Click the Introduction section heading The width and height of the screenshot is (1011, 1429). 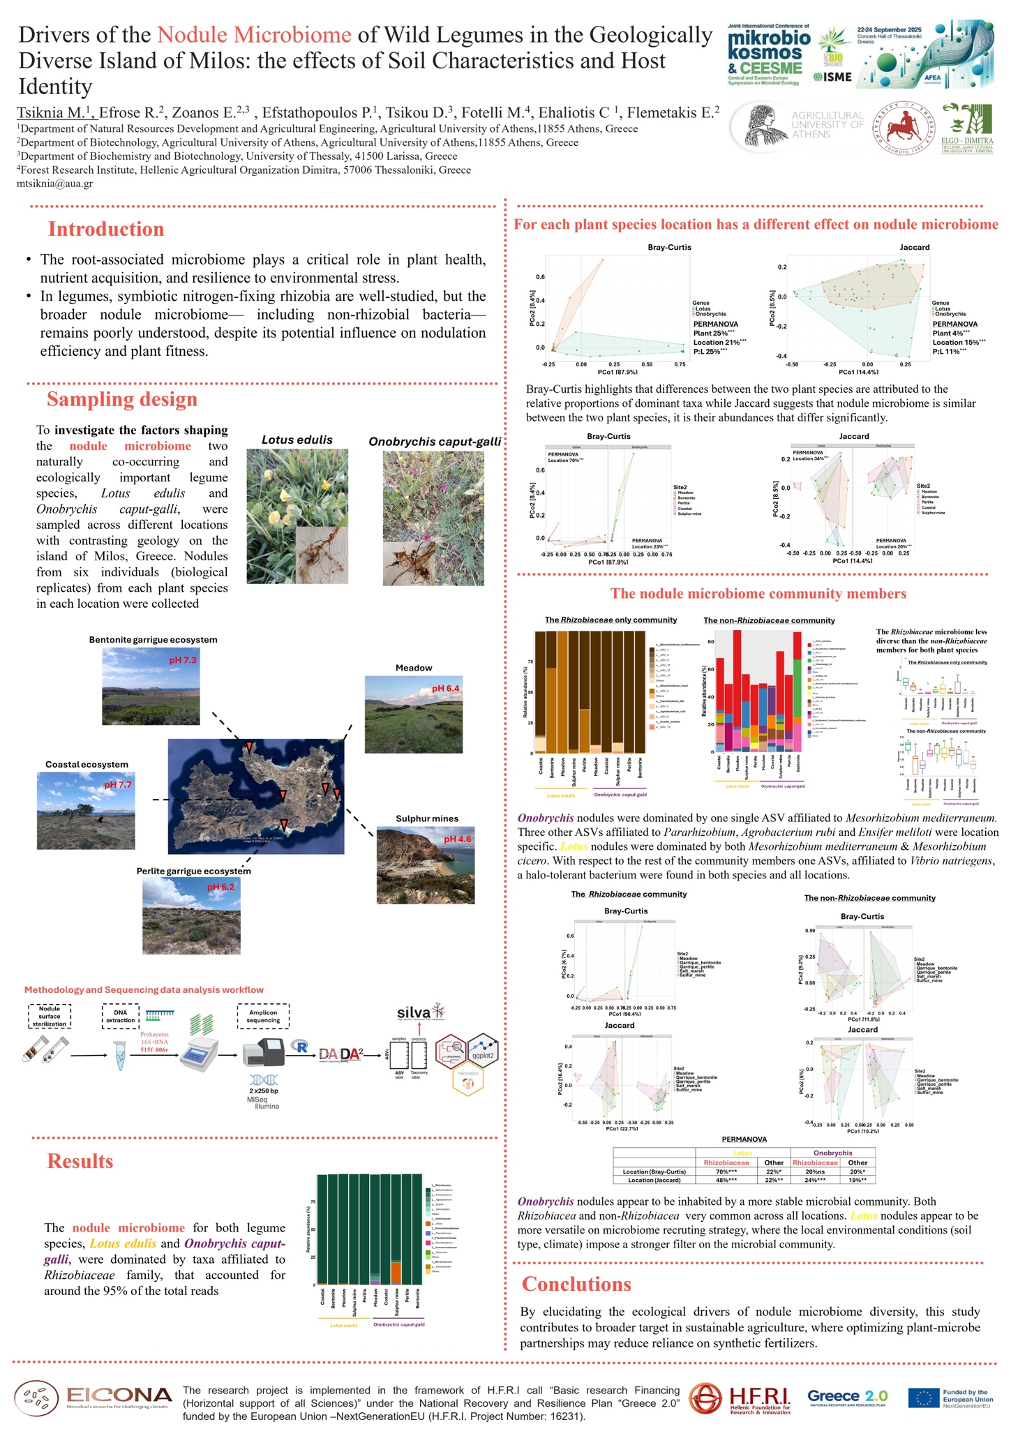tap(106, 230)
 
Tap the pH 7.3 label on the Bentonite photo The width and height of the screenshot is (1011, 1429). tap(183, 660)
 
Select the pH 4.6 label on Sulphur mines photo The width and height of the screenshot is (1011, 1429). tap(458, 839)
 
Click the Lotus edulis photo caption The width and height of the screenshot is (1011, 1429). tap(297, 440)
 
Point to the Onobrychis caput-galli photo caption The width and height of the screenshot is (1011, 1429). tap(435, 442)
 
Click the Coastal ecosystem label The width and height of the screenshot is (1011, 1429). tap(87, 765)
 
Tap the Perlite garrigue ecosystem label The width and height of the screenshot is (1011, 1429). tap(193, 871)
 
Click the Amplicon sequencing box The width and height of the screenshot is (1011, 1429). tap(263, 1016)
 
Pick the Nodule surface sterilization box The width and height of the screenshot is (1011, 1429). tap(50, 1016)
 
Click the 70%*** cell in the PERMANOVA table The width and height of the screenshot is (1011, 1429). tap(726, 1172)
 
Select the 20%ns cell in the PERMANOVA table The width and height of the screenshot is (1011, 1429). tap(815, 1172)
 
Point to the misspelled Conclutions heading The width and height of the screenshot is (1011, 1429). tap(576, 1285)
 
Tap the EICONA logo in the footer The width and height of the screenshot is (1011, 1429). tap(93, 1398)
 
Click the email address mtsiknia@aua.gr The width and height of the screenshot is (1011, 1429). tap(54, 184)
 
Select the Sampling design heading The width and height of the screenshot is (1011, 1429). tap(122, 400)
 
